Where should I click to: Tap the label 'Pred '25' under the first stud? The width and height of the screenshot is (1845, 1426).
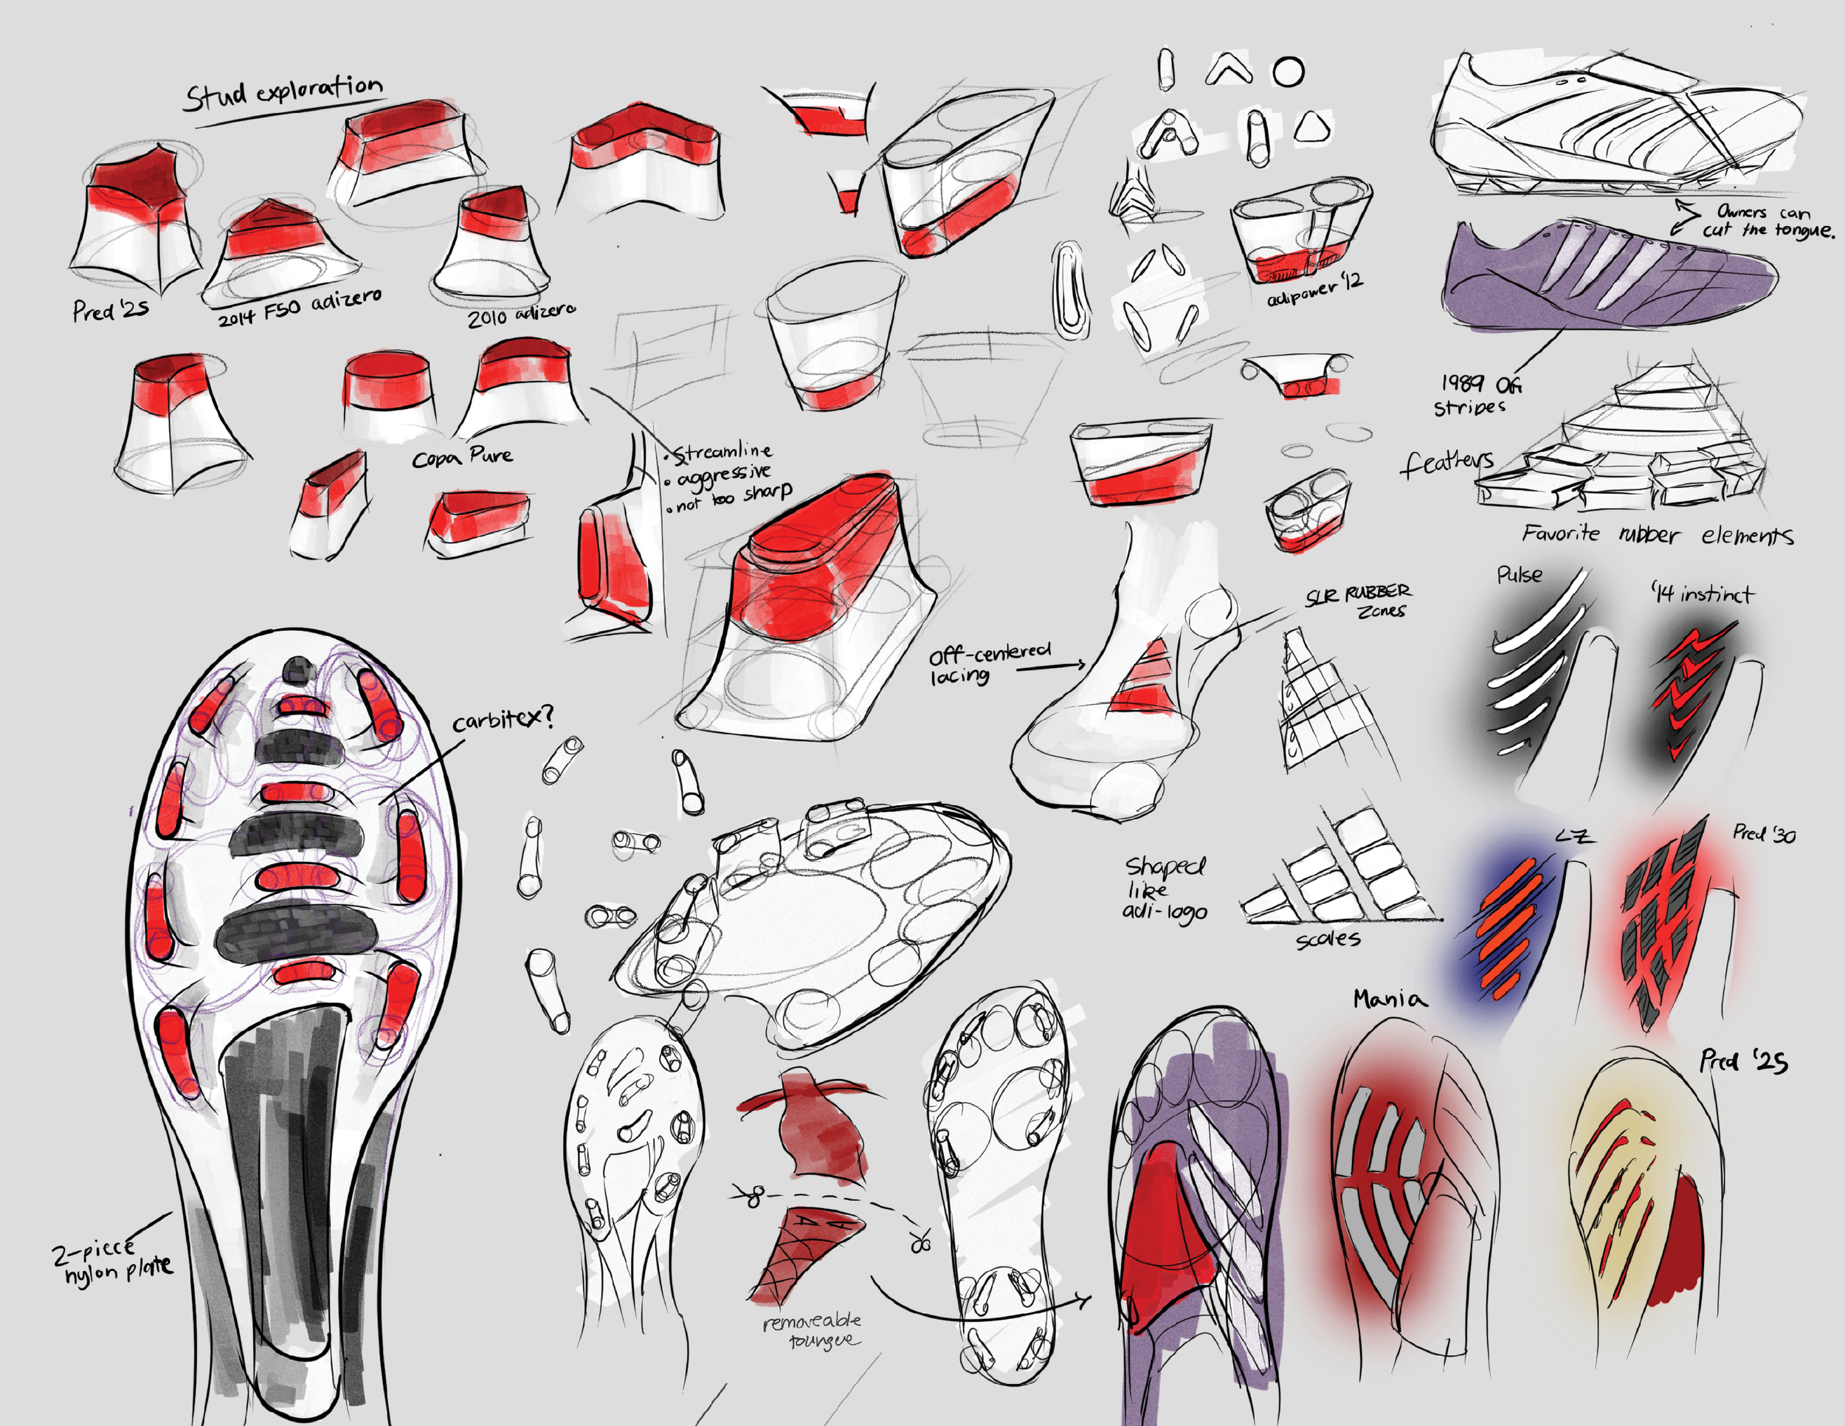click(110, 310)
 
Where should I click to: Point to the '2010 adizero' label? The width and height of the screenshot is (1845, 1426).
click(521, 315)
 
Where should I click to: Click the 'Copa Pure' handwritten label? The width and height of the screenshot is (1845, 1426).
click(462, 457)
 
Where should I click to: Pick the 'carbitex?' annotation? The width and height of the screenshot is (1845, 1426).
click(503, 720)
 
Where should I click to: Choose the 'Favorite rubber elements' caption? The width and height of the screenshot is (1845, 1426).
click(1657, 534)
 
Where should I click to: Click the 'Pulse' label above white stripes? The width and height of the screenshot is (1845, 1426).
click(1519, 575)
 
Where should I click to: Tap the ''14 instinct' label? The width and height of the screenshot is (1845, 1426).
click(1703, 594)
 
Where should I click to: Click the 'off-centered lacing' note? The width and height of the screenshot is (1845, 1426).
click(988, 665)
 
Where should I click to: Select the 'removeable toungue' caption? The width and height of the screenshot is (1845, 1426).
click(812, 1331)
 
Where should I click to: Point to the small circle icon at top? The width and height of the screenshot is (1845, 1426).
click(1289, 72)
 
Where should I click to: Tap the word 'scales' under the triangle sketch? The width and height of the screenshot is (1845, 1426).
click(1327, 939)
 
